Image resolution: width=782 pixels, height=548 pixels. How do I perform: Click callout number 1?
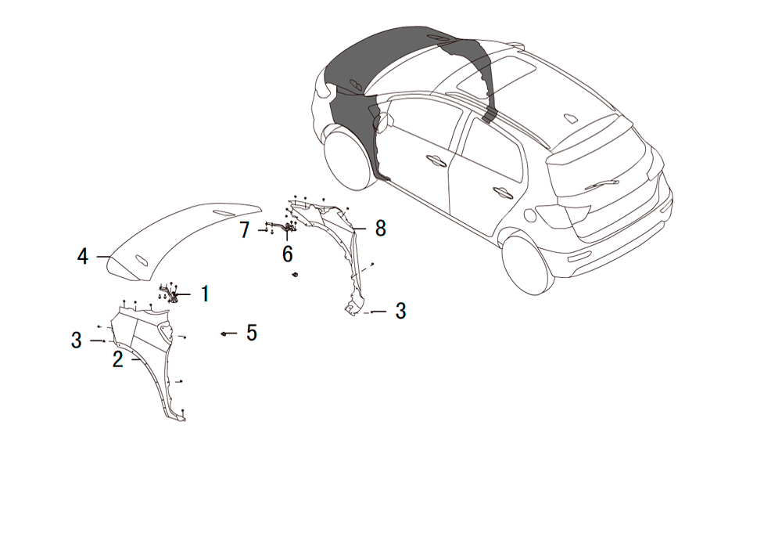pyautogui.click(x=205, y=294)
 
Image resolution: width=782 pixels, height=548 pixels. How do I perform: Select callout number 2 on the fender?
pyautogui.click(x=118, y=359)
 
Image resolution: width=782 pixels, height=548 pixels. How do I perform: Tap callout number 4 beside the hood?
pyautogui.click(x=83, y=256)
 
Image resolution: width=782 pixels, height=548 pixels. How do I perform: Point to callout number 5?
pyautogui.click(x=251, y=333)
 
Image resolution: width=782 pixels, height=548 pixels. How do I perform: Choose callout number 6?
pyautogui.click(x=287, y=254)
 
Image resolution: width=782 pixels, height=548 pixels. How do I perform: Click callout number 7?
pyautogui.click(x=244, y=229)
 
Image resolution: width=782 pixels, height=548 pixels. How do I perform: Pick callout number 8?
pyautogui.click(x=381, y=228)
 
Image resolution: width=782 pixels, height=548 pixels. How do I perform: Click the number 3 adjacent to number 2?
pyautogui.click(x=77, y=341)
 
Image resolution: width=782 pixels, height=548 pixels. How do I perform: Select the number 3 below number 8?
pyautogui.click(x=400, y=311)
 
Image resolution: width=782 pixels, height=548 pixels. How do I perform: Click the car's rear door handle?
pyautogui.click(x=503, y=193)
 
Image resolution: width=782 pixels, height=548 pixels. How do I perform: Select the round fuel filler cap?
pyautogui.click(x=530, y=215)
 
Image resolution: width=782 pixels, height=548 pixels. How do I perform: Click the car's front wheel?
pyautogui.click(x=348, y=159)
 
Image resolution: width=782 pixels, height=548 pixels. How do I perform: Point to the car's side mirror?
pyautogui.click(x=384, y=121)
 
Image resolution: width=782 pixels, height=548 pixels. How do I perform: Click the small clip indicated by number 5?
pyautogui.click(x=224, y=333)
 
